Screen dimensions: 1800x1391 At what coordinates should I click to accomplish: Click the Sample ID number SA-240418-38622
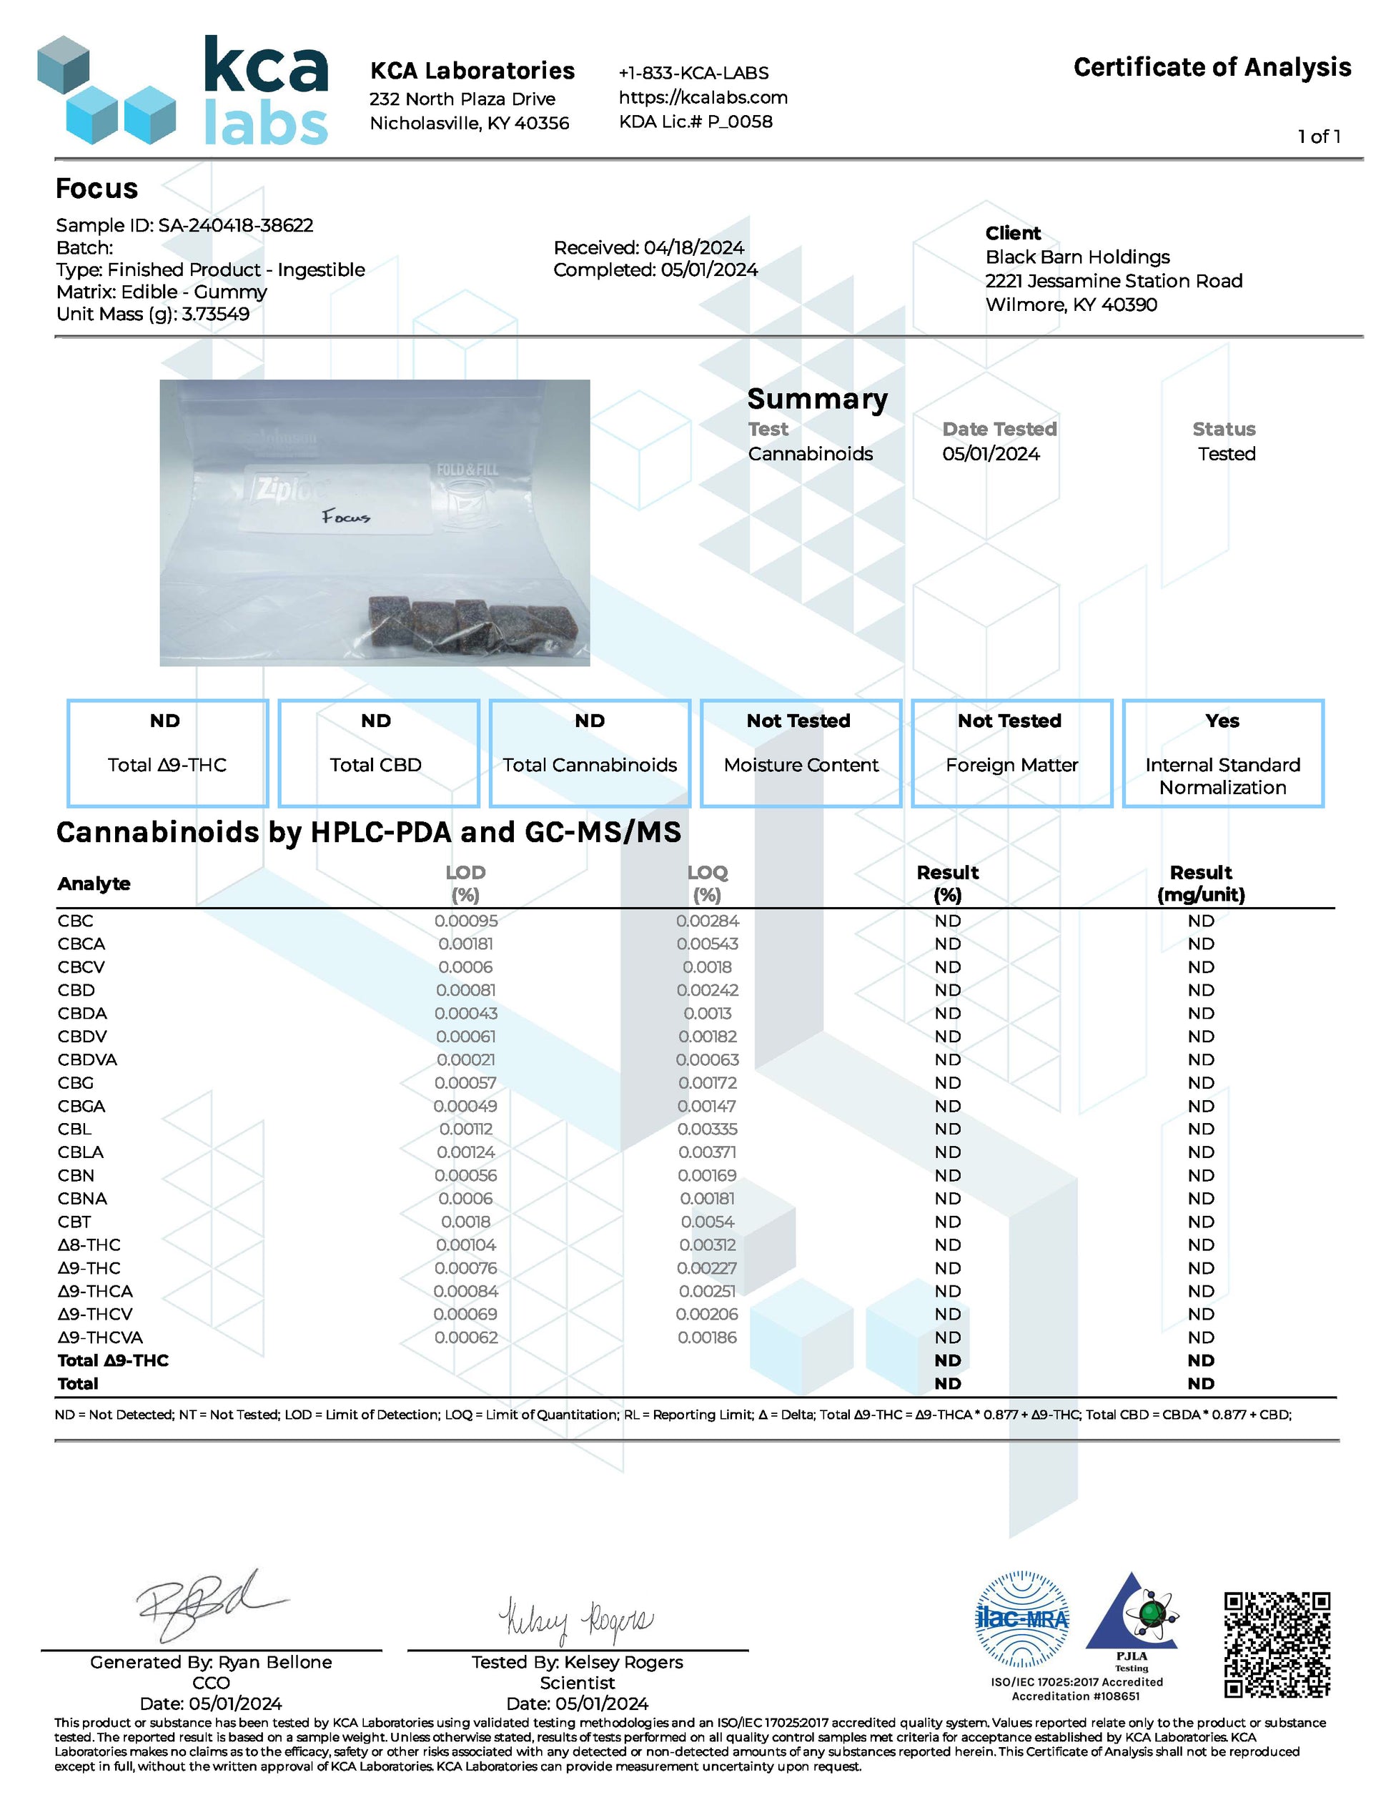(x=236, y=225)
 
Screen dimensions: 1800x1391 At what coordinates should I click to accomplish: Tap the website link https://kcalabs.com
(x=703, y=97)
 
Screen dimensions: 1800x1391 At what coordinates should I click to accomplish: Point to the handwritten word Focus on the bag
(x=346, y=517)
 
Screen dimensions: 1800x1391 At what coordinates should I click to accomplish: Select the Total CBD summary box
(x=378, y=753)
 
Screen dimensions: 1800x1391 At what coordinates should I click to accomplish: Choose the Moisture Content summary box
(x=800, y=753)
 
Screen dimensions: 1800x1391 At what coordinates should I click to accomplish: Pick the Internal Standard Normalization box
(x=1222, y=753)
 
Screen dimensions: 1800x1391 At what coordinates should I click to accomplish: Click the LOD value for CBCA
(x=467, y=944)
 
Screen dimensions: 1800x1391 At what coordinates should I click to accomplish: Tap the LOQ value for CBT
(x=707, y=1222)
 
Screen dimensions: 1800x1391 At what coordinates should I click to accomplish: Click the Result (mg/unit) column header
(x=1201, y=883)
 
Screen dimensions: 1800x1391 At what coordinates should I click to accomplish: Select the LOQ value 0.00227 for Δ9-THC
(x=707, y=1267)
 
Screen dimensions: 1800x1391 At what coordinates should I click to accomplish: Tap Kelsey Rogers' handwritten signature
(x=576, y=1621)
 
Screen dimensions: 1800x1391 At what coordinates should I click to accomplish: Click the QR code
(x=1277, y=1644)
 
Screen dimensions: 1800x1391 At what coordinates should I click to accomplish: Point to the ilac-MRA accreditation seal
(x=1022, y=1620)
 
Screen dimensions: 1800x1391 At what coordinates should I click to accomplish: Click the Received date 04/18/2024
(x=694, y=247)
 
